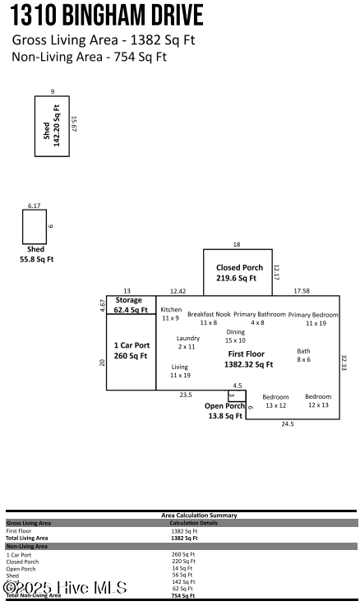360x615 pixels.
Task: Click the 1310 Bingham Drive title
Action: (x=107, y=16)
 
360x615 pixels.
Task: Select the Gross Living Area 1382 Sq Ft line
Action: (x=104, y=40)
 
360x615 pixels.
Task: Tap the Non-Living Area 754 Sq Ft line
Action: (x=89, y=57)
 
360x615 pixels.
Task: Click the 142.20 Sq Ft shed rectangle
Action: (x=52, y=126)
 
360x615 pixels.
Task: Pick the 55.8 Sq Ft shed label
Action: (x=36, y=253)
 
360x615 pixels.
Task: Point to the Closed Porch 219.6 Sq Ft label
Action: (x=239, y=273)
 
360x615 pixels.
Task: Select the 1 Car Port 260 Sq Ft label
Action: (x=130, y=350)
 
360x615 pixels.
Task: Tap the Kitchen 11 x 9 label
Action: (x=171, y=313)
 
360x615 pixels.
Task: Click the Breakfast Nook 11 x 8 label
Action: (x=208, y=318)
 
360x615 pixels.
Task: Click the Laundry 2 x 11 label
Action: (x=187, y=342)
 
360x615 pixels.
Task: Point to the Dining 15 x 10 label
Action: (x=236, y=335)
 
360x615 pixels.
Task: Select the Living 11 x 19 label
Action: (x=179, y=371)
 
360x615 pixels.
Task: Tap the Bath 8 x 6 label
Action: (x=303, y=354)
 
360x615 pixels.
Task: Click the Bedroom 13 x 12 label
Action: (x=275, y=400)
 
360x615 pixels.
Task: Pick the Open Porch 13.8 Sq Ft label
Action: (x=224, y=411)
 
